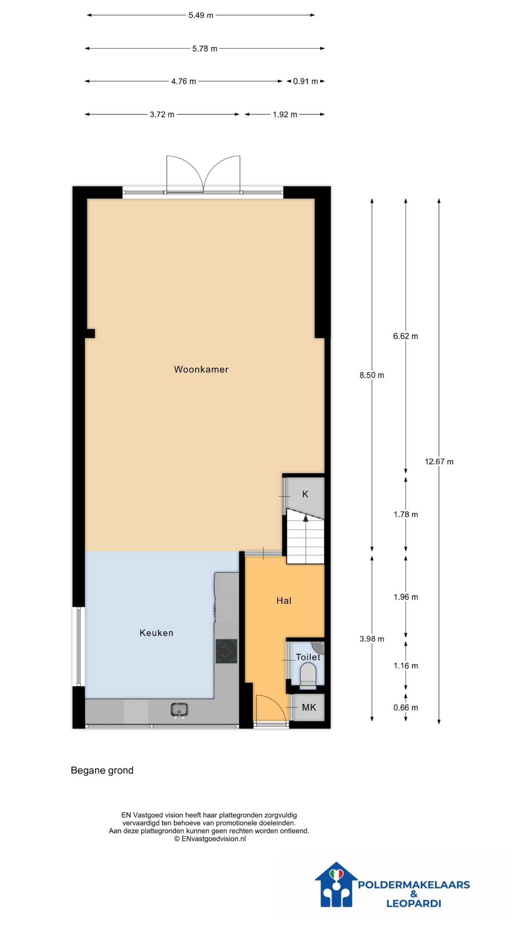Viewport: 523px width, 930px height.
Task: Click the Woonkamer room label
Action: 201,369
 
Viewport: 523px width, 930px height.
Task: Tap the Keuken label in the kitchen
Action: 157,633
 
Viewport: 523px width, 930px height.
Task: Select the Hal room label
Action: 284,601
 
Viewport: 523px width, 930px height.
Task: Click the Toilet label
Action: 308,657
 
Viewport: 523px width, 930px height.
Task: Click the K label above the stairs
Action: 305,494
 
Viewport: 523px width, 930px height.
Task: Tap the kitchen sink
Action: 179,710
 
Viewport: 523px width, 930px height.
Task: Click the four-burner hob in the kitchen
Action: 226,651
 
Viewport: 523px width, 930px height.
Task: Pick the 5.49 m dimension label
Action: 201,15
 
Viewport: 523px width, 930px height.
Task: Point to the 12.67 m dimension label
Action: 439,462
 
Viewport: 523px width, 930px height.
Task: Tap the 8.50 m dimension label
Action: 372,375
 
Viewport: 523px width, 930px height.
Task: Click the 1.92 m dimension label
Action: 285,114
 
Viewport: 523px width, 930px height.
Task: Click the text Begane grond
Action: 102,771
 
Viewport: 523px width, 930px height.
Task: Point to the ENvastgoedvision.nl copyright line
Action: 210,839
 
